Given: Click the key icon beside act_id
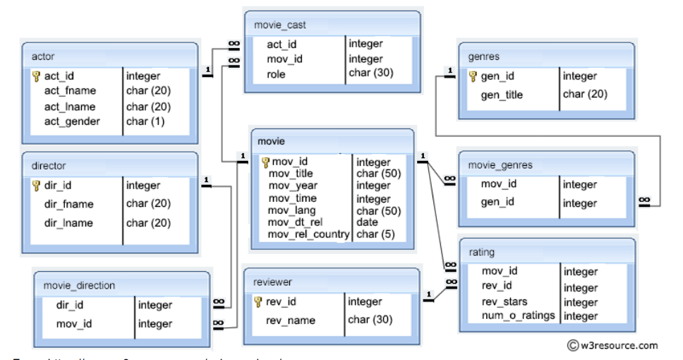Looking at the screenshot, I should coord(37,76).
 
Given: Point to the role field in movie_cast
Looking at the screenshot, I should coord(276,73).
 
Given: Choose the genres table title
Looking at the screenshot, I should coord(484,56).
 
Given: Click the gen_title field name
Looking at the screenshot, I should coord(502,95).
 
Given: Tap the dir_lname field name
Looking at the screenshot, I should coord(68,223).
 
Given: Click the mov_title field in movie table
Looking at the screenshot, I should coord(291,174).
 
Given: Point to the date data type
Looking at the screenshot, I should coord(367,222).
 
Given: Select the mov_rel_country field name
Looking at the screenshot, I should coord(309,234).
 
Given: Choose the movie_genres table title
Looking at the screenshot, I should coord(501,165).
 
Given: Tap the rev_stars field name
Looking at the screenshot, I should coord(504,302).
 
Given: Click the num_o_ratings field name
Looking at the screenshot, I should coord(519,316).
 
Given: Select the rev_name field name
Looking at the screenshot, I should coord(291,320).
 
